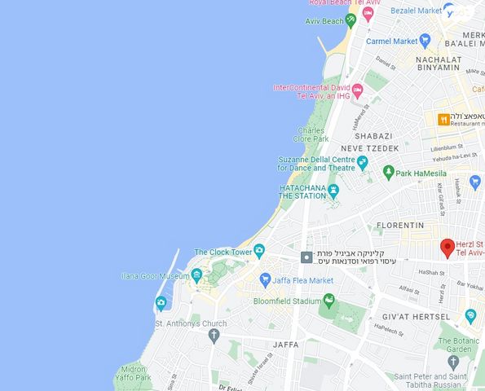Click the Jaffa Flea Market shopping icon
[265, 279]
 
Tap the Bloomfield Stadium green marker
[328, 301]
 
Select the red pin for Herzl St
[448, 248]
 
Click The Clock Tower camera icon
[259, 252]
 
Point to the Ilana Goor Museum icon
[196, 276]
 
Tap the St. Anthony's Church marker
[214, 335]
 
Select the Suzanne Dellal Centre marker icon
[363, 163]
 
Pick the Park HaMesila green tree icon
[389, 173]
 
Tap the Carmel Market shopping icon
[425, 41]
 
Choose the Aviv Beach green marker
[351, 20]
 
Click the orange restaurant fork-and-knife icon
[443, 120]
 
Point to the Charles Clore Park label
[311, 134]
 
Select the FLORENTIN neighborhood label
[399, 225]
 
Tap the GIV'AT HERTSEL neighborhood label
[416, 316]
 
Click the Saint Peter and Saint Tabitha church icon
[453, 361]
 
